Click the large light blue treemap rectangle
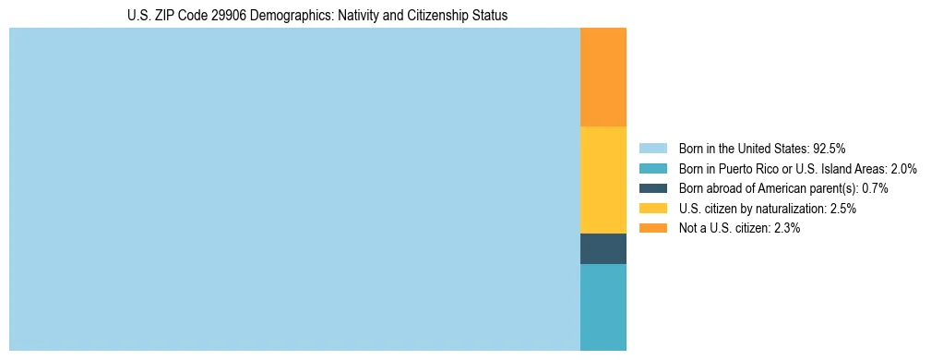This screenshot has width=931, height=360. (x=294, y=189)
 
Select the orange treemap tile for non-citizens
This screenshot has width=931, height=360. (x=603, y=78)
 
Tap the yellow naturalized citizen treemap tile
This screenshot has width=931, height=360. (x=603, y=180)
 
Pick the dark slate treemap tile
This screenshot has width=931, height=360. (x=603, y=249)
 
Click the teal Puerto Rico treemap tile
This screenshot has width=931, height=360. (x=603, y=307)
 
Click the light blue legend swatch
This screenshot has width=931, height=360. (x=652, y=148)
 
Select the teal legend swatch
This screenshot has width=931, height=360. (x=652, y=168)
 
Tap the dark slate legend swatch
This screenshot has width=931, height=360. (x=652, y=188)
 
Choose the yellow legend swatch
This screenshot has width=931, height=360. (x=652, y=209)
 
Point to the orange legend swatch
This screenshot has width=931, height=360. (x=652, y=228)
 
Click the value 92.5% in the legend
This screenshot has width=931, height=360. (x=830, y=148)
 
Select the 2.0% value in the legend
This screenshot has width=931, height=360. (x=903, y=168)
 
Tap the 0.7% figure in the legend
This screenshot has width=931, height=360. (x=875, y=188)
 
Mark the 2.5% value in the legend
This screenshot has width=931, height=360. (x=842, y=209)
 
